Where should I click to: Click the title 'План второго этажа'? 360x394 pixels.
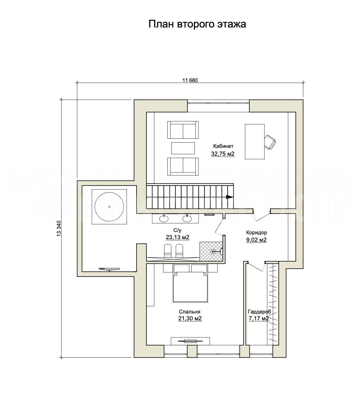197,24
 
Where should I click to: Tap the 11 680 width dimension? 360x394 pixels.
190,80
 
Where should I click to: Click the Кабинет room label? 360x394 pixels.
223,146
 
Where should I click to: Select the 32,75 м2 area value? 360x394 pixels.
223,154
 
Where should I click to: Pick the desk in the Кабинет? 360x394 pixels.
255,141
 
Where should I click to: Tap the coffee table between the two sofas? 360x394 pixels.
183,148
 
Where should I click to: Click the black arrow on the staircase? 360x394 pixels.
229,197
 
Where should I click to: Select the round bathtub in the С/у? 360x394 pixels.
109,206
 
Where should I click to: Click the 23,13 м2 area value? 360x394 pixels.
177,238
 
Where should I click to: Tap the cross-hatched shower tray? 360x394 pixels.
211,251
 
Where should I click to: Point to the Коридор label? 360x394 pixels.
256,233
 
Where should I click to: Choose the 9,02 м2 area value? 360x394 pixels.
256,240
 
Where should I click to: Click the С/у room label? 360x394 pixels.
177,230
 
